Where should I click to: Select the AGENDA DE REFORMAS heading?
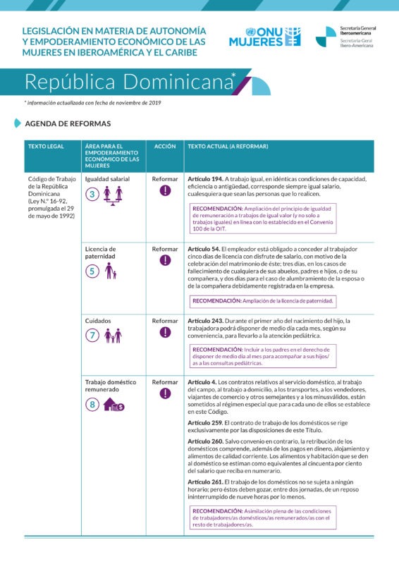(68, 123)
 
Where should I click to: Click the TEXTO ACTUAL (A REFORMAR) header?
(228, 146)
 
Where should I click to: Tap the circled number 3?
(92, 195)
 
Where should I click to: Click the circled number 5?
(92, 271)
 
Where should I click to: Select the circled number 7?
(92, 336)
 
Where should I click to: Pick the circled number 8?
(92, 405)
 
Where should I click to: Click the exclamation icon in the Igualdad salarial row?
(165, 191)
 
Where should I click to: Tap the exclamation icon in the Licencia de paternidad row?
(165, 261)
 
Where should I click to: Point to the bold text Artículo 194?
(205, 179)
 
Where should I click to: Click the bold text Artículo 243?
(205, 321)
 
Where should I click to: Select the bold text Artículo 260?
(205, 441)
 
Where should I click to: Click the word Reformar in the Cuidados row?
(165, 321)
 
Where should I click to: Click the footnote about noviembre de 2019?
(92, 103)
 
